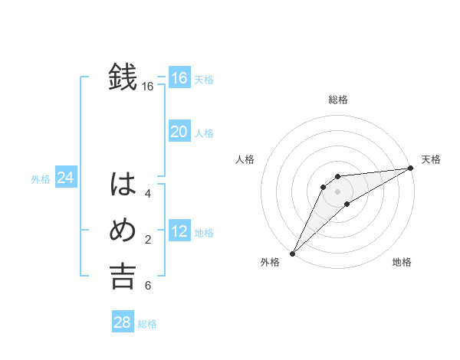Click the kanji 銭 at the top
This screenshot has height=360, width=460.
coord(123,77)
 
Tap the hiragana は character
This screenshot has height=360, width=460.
coord(123,185)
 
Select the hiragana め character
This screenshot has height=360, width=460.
coord(123,231)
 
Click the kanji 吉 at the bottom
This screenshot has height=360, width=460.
coord(123,277)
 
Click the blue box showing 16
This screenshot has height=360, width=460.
coord(179,77)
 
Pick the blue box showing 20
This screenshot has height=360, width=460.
coord(179,132)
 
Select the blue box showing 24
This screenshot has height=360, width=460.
coord(65,178)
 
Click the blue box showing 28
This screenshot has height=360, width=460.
coord(122,322)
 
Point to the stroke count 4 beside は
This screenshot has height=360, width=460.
coord(148,194)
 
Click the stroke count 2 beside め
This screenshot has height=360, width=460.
coord(148,241)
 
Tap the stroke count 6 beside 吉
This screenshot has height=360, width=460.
coord(148,286)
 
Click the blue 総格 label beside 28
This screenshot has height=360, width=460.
coord(147,324)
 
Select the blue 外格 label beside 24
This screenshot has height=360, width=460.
coord(41,179)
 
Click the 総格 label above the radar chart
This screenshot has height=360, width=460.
coord(337,100)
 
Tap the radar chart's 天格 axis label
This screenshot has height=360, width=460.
coord(431,159)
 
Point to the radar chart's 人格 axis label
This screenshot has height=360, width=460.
coord(245,159)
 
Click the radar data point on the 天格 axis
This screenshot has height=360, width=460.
coord(410,168)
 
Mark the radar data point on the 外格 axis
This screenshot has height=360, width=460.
coord(292,254)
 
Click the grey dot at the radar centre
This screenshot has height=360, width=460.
coord(337,191)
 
